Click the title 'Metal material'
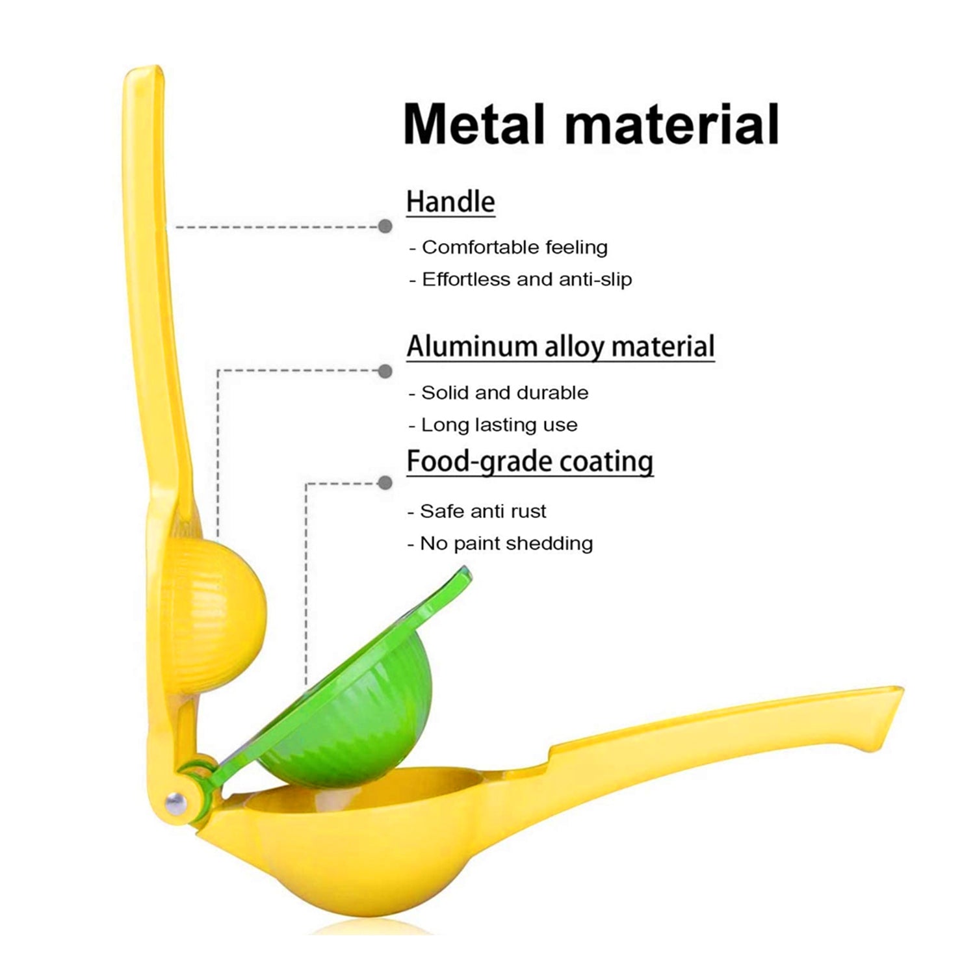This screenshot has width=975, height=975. tap(591, 123)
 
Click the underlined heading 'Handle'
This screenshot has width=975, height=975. tap(450, 201)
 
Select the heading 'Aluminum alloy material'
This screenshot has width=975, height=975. tap(560, 346)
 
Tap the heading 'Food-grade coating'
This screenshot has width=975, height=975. tap(530, 461)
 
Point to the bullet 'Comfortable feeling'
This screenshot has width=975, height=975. tap(508, 247)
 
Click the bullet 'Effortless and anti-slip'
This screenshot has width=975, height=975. tap(521, 279)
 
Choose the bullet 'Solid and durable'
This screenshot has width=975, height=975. tap(499, 393)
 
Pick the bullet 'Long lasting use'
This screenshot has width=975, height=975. tap(493, 425)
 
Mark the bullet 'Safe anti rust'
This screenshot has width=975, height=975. tap(477, 511)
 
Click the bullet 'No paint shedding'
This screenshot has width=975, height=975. tap(500, 543)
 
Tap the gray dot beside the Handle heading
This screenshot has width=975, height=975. tap(385, 226)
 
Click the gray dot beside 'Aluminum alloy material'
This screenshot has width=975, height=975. tap(385, 371)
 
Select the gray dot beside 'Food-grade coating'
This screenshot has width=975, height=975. tap(385, 483)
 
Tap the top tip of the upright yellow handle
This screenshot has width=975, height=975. tap(143, 68)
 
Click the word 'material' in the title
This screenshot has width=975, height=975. tap(672, 123)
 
